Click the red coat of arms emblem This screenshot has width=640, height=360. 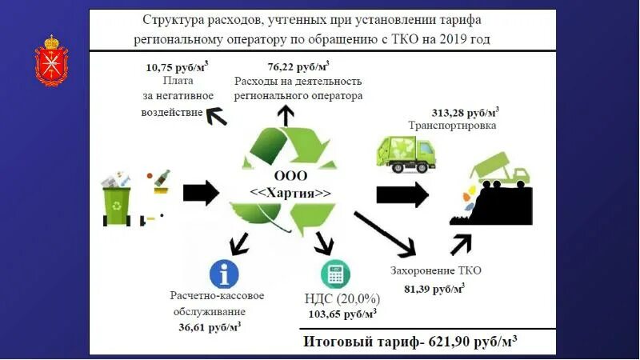pos(51,60)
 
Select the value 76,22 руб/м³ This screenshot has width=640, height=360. pos(298,68)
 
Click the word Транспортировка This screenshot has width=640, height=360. pos(452,126)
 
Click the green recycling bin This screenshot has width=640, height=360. pos(117,201)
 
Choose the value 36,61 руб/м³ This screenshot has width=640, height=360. pos(210,326)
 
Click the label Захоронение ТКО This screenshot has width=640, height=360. pos(436,270)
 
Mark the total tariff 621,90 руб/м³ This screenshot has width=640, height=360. pos(410,342)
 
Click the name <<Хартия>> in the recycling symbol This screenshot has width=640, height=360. pos(290,193)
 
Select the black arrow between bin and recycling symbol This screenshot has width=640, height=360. pos(200,192)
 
